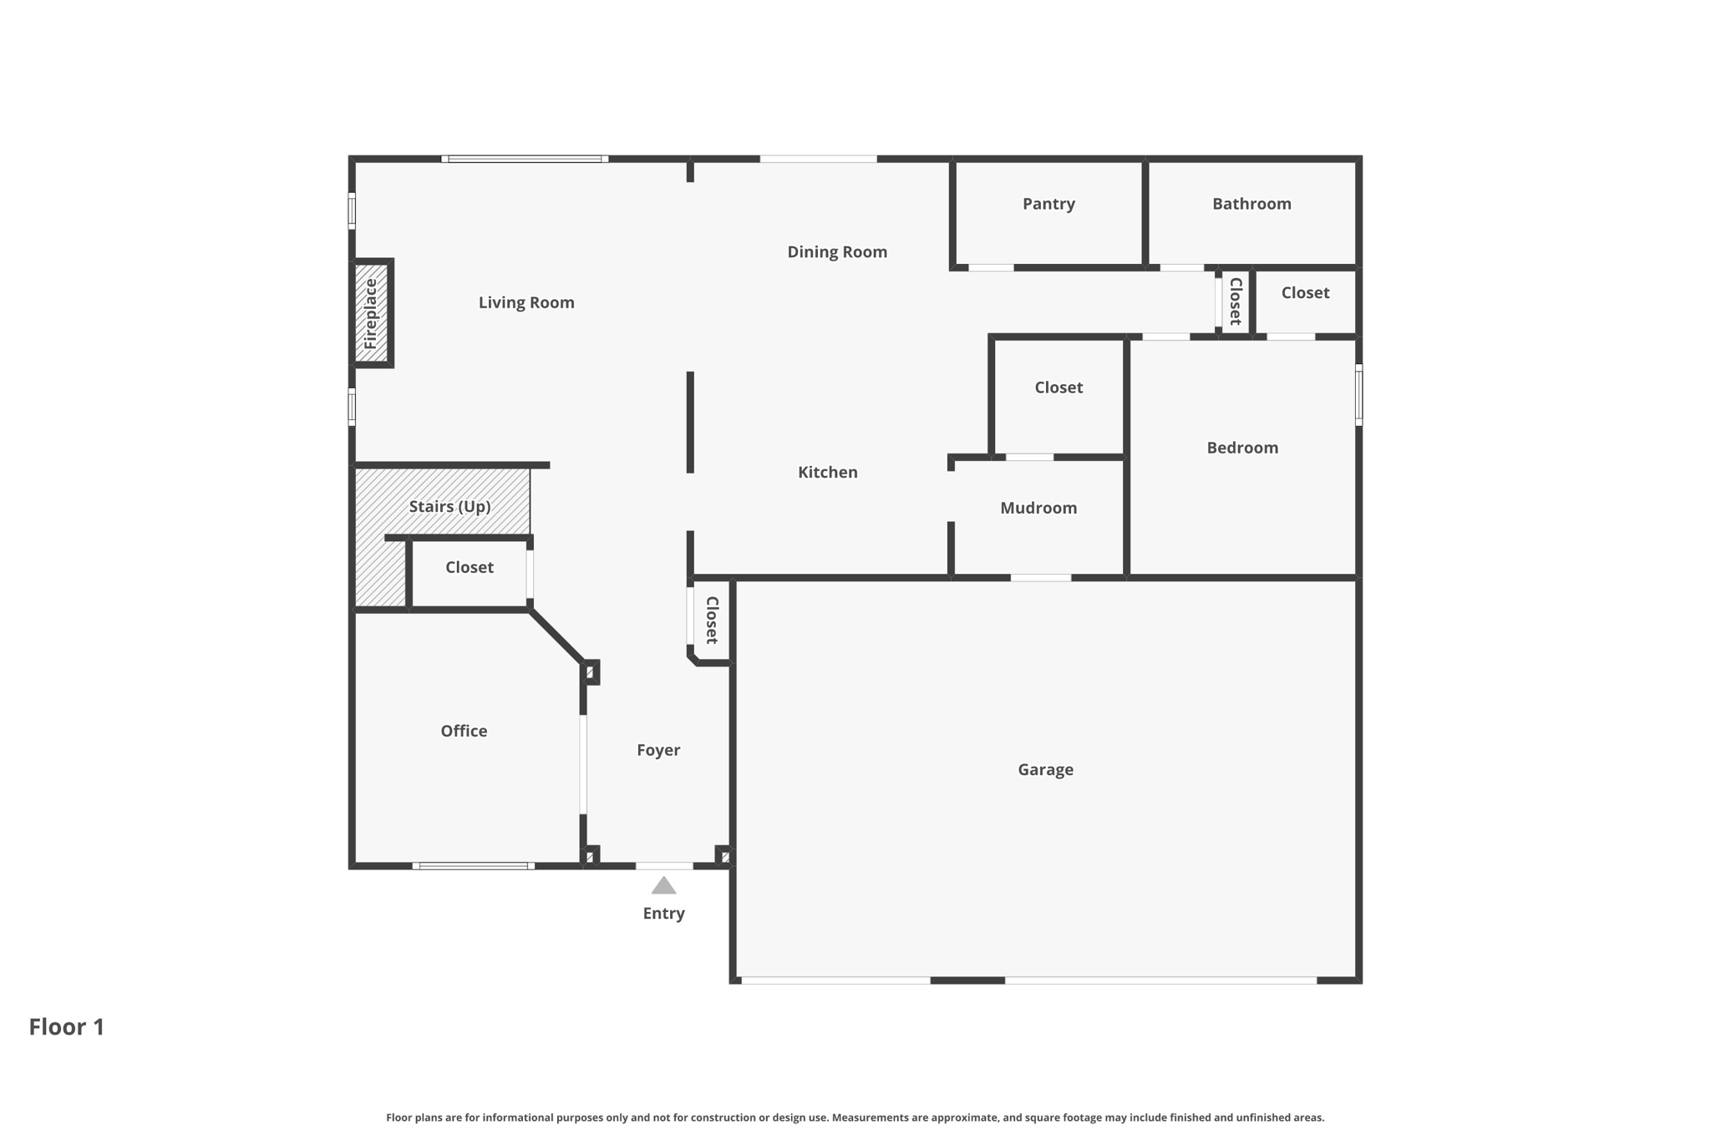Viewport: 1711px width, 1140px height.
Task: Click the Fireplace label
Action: [371, 314]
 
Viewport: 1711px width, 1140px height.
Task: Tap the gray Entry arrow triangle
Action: [663, 886]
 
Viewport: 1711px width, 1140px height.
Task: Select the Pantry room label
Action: [1048, 204]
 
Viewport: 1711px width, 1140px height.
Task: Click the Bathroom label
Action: [1252, 204]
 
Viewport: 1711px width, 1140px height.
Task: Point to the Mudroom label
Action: [1038, 508]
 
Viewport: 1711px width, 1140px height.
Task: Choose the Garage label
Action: [1045, 769]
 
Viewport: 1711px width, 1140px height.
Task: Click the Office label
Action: [464, 731]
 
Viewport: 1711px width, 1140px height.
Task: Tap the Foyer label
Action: [658, 750]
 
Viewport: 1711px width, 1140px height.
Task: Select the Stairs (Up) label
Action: [449, 506]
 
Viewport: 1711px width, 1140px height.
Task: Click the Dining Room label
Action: [837, 251]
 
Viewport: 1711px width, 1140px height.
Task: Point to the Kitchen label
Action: [827, 472]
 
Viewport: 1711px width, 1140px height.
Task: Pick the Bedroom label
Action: [1242, 448]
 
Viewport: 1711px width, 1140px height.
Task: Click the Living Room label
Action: [526, 302]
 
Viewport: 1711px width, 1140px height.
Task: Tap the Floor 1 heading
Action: [67, 1026]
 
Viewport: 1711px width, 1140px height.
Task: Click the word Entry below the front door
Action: [663, 914]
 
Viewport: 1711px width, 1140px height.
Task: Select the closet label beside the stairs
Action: [469, 567]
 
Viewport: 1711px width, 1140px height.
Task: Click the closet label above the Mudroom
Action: [1059, 388]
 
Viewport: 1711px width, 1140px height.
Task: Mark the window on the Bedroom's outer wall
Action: [1358, 395]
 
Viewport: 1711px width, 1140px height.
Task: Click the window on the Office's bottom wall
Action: [474, 866]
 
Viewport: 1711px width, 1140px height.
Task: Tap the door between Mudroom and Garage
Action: [1041, 578]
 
